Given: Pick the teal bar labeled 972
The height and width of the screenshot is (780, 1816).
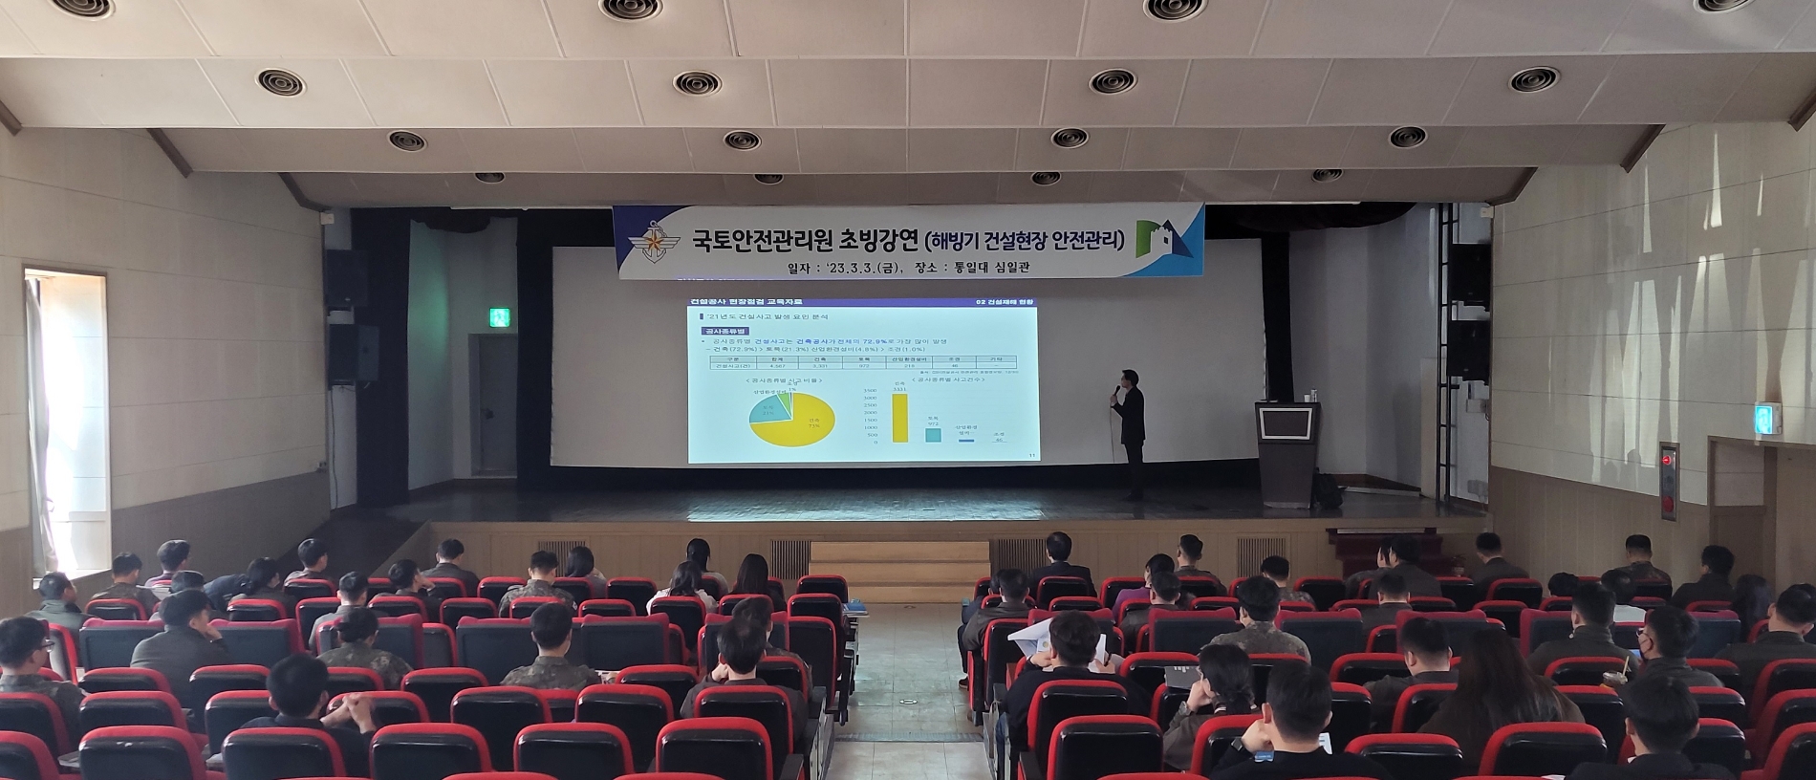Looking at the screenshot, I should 932,434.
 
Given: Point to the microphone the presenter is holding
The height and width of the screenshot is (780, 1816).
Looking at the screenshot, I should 1113,390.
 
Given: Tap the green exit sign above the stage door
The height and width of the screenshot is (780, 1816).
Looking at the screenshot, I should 497,317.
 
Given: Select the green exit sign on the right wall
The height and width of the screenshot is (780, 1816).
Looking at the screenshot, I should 1762,419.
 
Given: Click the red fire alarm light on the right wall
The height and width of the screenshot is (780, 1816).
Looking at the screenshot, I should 1667,459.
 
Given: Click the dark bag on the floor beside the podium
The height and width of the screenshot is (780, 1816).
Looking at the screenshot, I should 1327,491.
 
